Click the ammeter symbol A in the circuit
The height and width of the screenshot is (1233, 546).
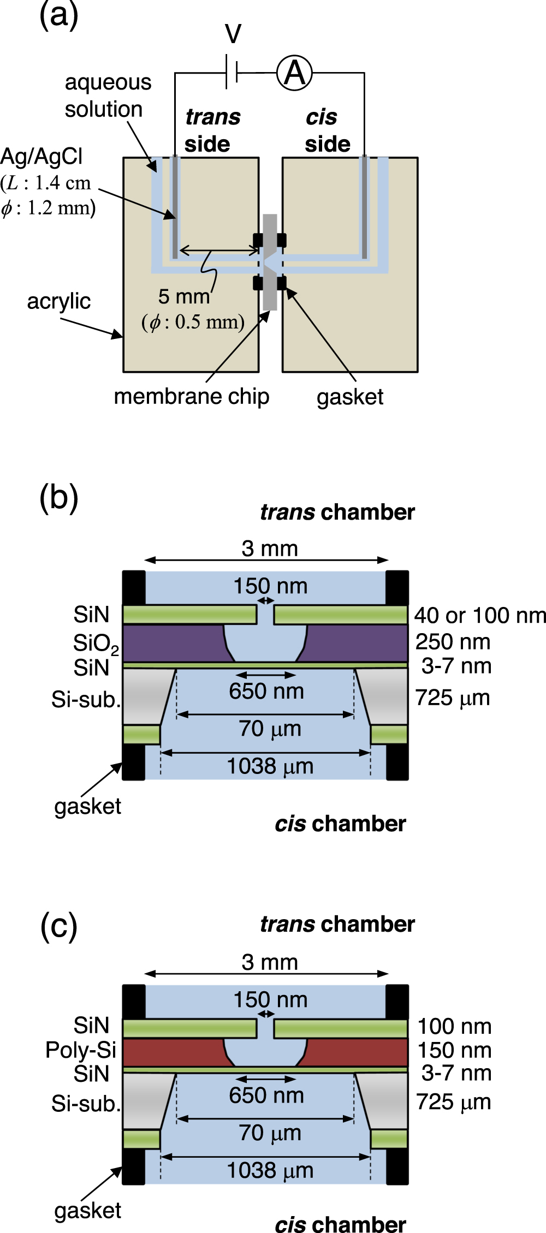point(294,73)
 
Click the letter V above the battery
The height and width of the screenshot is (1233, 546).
point(233,34)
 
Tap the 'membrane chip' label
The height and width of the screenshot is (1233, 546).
point(191,397)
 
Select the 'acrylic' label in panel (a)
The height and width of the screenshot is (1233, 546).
point(59,301)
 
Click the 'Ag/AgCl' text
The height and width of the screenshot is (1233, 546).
point(41,157)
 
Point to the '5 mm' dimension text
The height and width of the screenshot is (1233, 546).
point(184,297)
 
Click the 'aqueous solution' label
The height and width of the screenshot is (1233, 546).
point(107,96)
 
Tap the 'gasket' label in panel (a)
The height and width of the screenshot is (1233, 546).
point(349,397)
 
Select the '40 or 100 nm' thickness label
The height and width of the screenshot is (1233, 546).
point(480,616)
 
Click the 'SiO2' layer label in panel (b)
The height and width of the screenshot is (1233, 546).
point(96,644)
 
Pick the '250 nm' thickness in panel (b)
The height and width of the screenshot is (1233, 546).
point(453,642)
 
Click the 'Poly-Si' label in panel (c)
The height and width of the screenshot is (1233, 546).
point(81,1050)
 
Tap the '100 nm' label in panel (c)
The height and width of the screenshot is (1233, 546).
point(454,1026)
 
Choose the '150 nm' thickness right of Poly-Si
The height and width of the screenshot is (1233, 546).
point(454,1050)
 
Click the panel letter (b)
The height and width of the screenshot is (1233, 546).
point(59,498)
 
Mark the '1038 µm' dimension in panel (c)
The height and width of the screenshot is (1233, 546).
point(270,1170)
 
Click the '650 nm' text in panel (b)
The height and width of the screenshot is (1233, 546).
point(266,691)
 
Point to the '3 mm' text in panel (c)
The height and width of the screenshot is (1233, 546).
point(270,962)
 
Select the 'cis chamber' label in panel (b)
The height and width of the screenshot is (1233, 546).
point(340,824)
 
